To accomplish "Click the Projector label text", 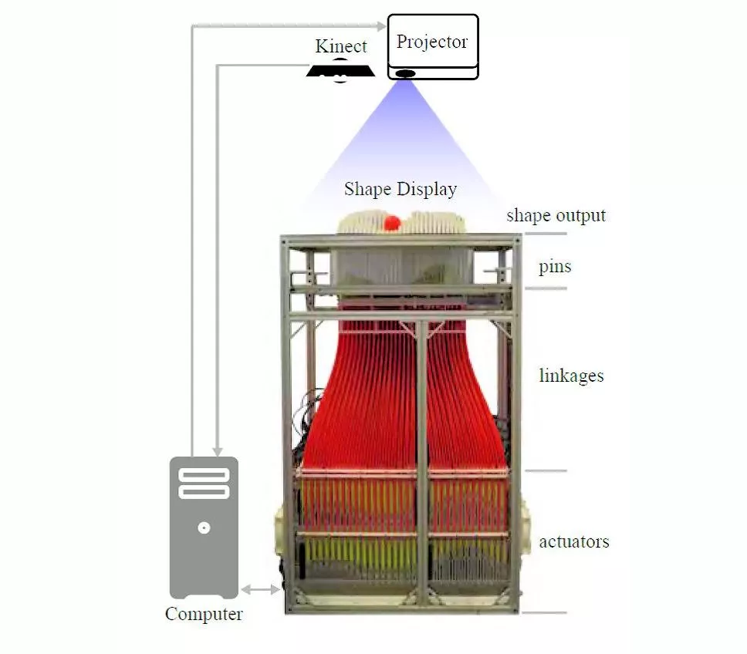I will point(432,42).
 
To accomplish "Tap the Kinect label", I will point(341,46).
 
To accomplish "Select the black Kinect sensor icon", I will point(340,71).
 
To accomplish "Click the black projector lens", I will point(405,74).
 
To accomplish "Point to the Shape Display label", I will point(401,189).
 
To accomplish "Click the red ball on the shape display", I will point(393,223).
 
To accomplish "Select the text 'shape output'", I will point(556,215).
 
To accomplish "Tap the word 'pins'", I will point(555,267).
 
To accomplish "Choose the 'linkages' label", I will point(571,376).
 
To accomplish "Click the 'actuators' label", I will point(574,541).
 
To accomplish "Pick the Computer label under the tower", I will point(204,615).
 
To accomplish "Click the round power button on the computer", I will point(204,528).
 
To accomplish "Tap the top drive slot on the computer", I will point(204,474).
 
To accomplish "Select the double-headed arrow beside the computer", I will point(262,590).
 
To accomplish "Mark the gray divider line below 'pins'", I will point(546,288).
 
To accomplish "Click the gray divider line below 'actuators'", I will point(545,613).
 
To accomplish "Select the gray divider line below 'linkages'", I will point(546,470).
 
